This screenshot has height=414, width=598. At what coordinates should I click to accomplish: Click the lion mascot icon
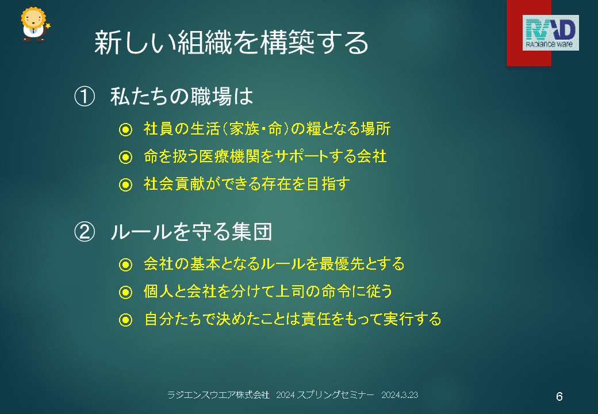(34, 24)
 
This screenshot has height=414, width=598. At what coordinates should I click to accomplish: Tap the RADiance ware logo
(550, 33)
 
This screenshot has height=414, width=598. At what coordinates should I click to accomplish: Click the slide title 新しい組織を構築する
(231, 43)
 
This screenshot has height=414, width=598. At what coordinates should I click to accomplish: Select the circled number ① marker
(85, 96)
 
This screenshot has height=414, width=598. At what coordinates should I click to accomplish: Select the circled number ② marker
(85, 231)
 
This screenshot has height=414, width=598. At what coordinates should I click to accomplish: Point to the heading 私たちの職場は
(182, 96)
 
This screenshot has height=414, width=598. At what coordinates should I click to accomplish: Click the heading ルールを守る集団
(191, 231)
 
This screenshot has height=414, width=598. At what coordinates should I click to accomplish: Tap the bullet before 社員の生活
(125, 129)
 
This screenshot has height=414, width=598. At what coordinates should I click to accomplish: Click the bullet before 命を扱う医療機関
(125, 157)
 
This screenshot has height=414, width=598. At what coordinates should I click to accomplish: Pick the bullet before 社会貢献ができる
(125, 185)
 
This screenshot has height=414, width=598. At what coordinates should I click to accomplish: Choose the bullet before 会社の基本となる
(125, 264)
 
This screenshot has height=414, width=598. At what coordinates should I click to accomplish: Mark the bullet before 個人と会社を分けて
(125, 293)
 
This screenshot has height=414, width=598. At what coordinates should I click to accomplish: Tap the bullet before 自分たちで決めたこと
(125, 320)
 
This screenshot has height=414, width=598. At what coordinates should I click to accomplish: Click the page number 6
(559, 397)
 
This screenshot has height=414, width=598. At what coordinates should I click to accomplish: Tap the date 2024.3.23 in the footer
(400, 395)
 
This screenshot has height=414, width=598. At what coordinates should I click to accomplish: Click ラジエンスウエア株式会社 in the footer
(218, 395)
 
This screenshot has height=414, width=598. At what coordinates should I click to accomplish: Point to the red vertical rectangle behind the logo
(528, 33)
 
